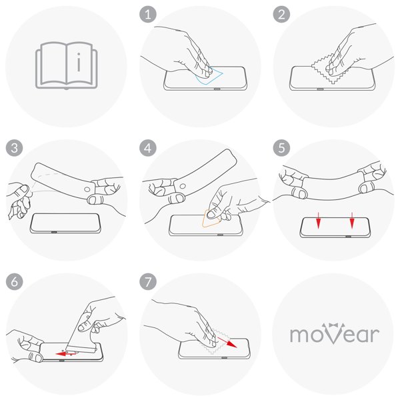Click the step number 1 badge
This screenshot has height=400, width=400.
[148, 15]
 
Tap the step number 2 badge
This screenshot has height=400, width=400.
[281, 15]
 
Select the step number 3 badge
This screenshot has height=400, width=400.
[14, 148]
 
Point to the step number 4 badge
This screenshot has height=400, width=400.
[148, 148]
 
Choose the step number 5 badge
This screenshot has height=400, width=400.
[281, 148]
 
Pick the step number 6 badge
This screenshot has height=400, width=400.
[14, 282]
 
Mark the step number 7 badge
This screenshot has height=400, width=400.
[148, 282]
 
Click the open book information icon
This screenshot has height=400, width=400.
[66, 66]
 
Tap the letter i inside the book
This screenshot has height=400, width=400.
[79, 62]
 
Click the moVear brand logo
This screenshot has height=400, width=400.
[335, 333]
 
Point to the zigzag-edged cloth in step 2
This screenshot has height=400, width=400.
[329, 72]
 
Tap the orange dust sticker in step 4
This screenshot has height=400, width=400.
[211, 219]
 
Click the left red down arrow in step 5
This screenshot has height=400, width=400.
[318, 220]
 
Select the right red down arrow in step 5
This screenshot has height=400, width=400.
[352, 220]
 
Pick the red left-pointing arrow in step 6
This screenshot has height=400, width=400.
[66, 354]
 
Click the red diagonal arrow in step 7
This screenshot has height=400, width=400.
[227, 343]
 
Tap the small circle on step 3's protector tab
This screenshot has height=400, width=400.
[87, 189]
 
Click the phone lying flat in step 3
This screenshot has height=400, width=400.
[65, 223]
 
